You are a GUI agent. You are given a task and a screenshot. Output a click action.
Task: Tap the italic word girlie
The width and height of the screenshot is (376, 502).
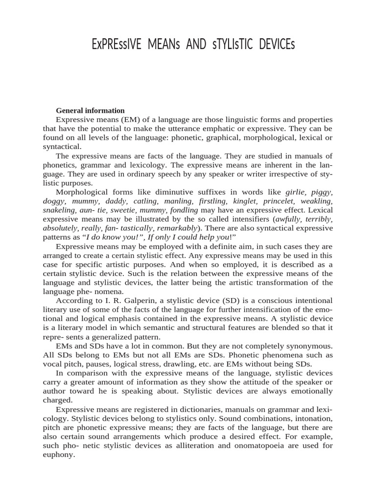[298, 192]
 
